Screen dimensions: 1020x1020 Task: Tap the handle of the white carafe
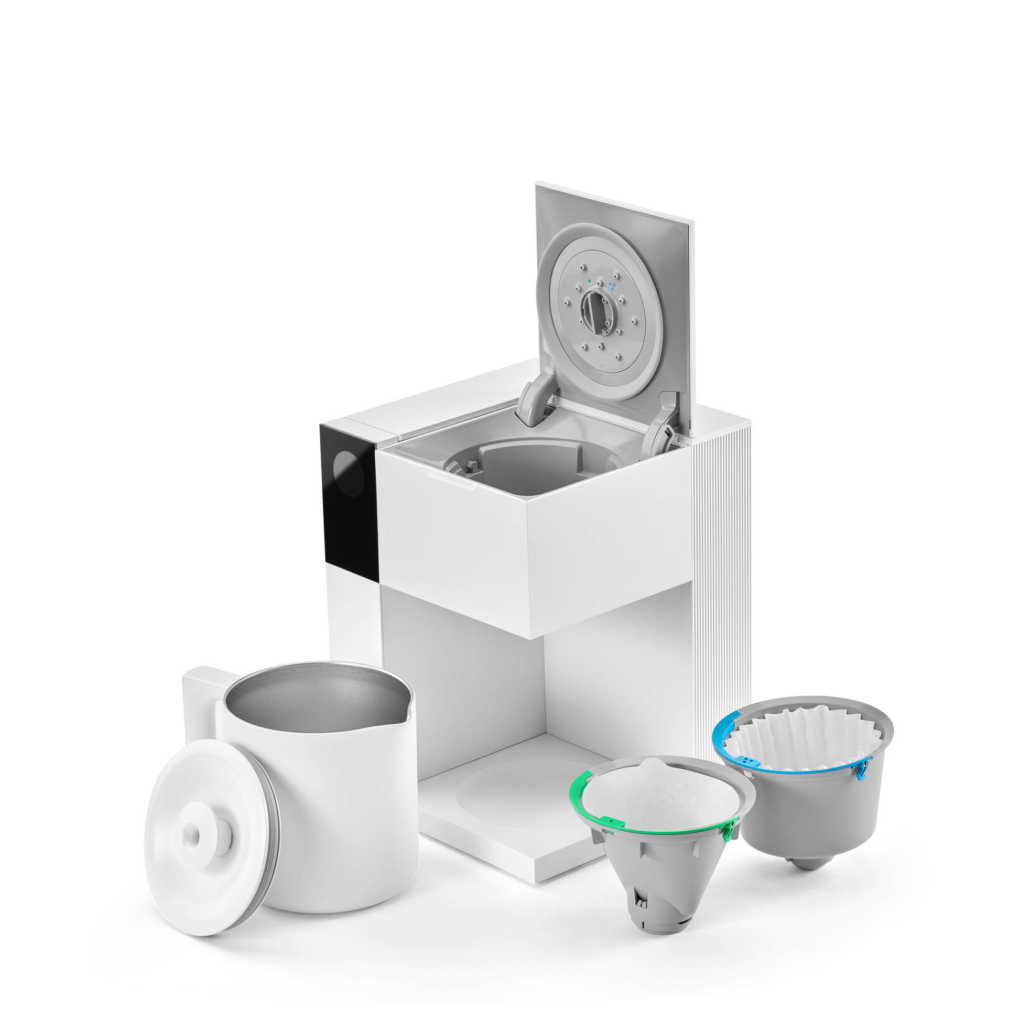coord(198,691)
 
